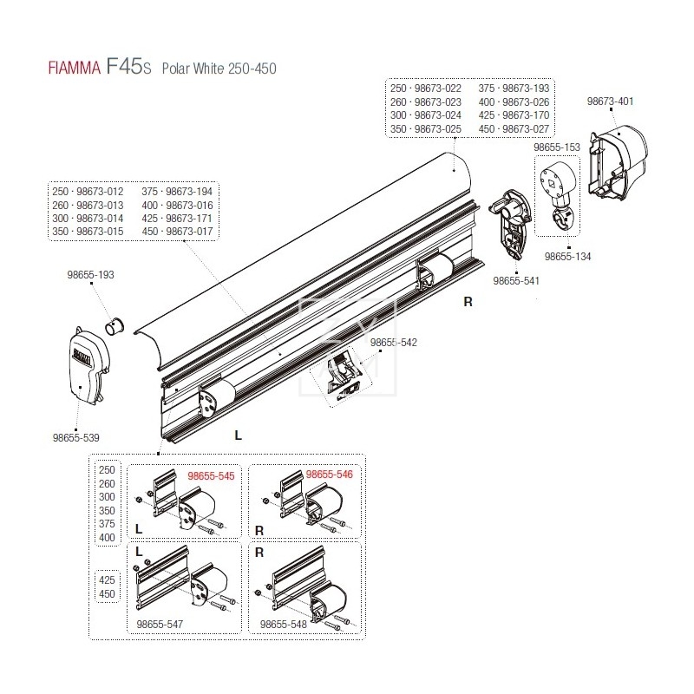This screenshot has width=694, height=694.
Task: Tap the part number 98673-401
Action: [610, 101]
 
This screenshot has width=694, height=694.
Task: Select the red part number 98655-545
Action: [212, 475]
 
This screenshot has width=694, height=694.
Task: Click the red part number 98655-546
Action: [330, 475]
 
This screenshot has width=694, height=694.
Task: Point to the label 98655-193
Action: [91, 274]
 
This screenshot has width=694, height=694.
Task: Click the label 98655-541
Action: [517, 281]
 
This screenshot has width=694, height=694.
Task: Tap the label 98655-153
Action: [557, 148]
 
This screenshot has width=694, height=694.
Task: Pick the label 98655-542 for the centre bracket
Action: [394, 343]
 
